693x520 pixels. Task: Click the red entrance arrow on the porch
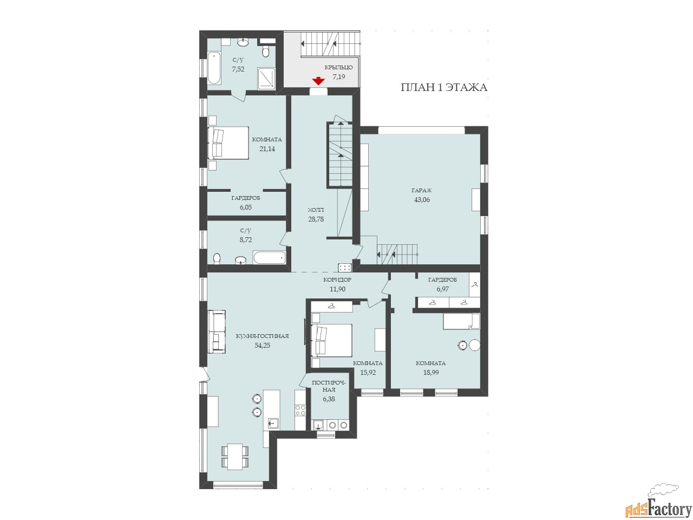[x=318, y=81]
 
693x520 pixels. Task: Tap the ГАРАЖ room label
[x=421, y=190]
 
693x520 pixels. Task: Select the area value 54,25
[x=263, y=346]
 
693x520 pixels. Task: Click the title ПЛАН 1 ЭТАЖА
[x=443, y=87]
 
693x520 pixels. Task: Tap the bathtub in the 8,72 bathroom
[x=269, y=258]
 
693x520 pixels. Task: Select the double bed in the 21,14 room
[x=228, y=143]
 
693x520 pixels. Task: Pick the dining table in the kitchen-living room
[x=234, y=457]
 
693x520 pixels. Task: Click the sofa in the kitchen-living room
[x=217, y=331]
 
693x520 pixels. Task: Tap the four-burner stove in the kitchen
[x=300, y=410]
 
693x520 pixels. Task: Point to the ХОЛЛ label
[x=316, y=210]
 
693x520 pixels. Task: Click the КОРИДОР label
[x=337, y=279]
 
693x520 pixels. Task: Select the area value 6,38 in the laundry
[x=329, y=399]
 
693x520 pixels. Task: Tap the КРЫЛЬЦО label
[x=338, y=68]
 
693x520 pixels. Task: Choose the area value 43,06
[x=422, y=199]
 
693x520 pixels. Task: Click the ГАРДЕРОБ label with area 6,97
[x=442, y=279]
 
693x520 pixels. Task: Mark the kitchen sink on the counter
[x=273, y=423]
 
